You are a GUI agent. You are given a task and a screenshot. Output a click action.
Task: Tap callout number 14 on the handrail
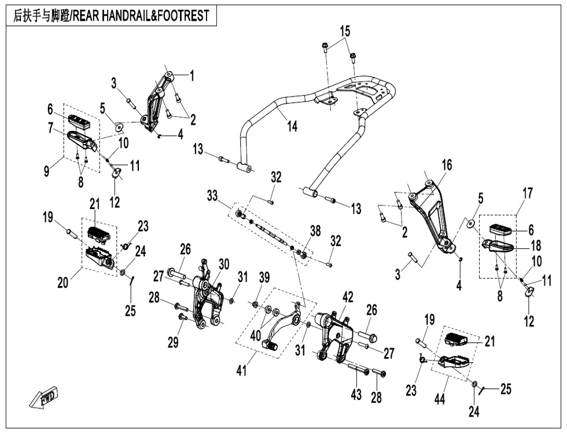pos(292,126)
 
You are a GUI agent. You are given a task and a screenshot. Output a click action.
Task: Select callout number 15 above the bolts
pos(345,31)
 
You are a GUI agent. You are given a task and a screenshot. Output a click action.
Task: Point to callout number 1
pos(192,76)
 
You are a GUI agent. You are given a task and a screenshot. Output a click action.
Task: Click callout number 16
pos(447,165)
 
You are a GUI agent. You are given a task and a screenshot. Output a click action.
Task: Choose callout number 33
pos(212,196)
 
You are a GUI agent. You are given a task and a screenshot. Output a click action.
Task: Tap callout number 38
pos(315,231)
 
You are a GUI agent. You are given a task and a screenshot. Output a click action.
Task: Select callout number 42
pos(348,298)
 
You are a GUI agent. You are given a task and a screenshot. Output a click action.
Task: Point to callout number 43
pos(356,394)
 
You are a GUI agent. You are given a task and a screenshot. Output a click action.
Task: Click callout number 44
pos(439,399)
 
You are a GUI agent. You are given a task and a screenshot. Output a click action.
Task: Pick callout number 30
pos(224,265)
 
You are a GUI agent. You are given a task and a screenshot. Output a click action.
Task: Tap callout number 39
pos(264,278)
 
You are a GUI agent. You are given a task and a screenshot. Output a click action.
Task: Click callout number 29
pos(173,342)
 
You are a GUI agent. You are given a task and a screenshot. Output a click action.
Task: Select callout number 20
pos(62,282)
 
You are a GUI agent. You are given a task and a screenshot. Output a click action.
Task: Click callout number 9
pos(46,170)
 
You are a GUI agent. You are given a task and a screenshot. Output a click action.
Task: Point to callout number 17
pos(528,193)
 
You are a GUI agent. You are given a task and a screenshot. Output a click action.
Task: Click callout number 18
pos(536,245)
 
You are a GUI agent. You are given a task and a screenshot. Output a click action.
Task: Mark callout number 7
pos(50,128)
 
